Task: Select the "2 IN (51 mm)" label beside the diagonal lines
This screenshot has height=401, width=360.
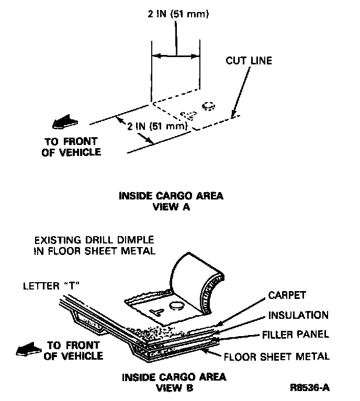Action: point(158,126)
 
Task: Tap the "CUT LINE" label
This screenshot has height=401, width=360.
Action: point(249,61)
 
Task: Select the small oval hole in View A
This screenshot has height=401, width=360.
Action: point(209,105)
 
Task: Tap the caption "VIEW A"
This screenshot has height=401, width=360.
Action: point(171,207)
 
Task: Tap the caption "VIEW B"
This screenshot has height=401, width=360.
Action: point(175,388)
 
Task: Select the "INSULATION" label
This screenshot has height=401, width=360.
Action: point(298,315)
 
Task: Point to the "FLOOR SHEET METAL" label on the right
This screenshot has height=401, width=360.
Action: point(277,357)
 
